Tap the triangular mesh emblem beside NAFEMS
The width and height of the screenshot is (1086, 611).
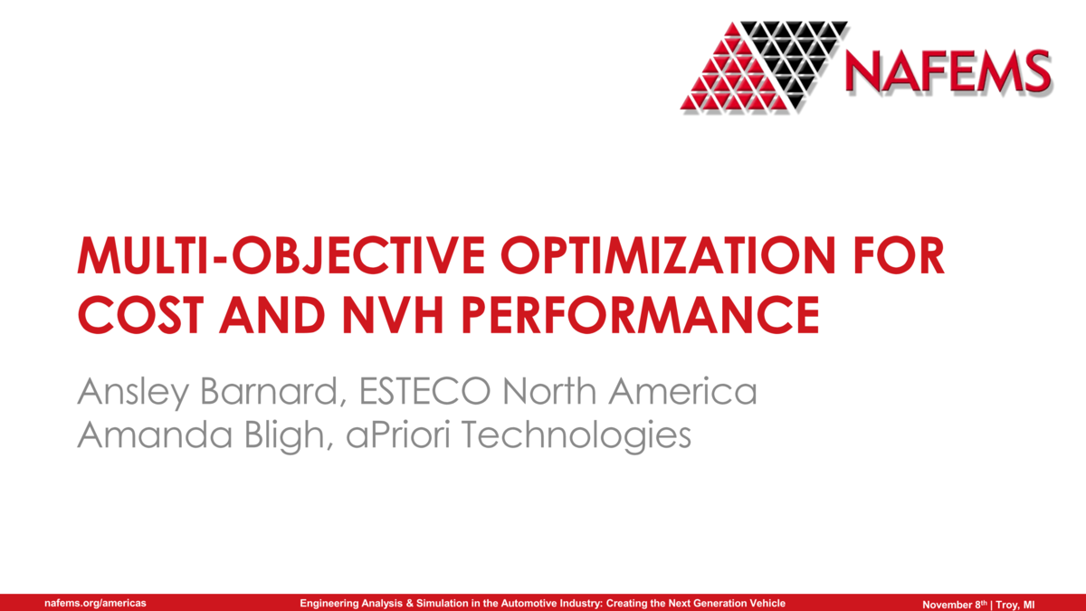click(x=765, y=65)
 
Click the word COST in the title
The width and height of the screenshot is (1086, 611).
click(x=137, y=314)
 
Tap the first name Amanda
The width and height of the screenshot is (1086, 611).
click(x=146, y=435)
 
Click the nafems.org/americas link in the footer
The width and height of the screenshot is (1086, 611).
click(x=96, y=603)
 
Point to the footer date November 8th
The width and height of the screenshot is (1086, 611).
click(x=954, y=603)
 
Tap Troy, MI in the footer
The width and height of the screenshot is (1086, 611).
click(x=1015, y=603)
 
